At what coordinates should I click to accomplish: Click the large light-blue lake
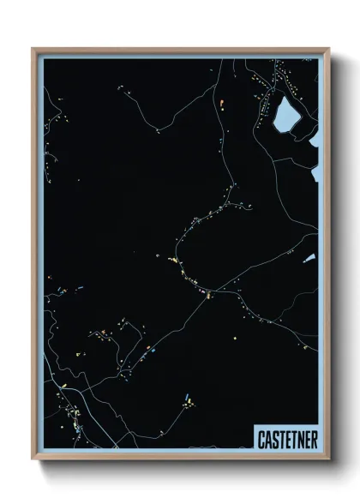click(x=285, y=114)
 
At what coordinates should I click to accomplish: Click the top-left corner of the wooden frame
click(x=33, y=49)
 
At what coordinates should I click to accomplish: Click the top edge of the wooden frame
click(x=180, y=49)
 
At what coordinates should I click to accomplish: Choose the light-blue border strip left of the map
click(x=39, y=257)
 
